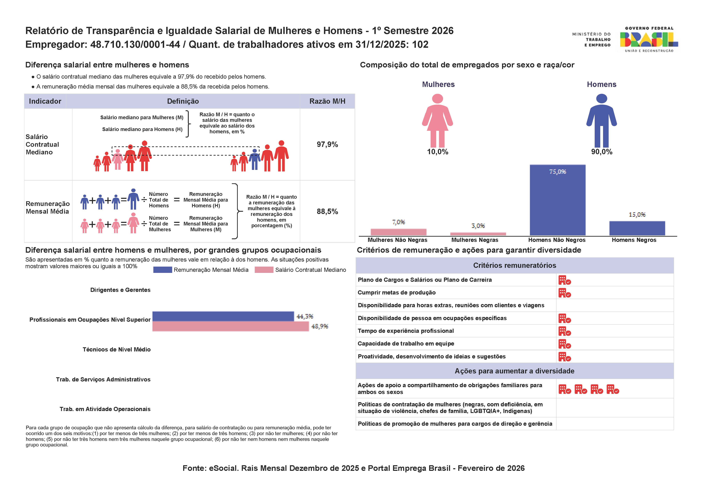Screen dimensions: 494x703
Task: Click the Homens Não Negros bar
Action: [557, 200]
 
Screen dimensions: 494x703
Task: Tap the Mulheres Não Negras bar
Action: [398, 232]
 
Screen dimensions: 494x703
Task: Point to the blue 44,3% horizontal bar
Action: [223, 316]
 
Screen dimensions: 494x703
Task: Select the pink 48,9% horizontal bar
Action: [230, 326]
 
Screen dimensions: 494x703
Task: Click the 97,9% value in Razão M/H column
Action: [327, 144]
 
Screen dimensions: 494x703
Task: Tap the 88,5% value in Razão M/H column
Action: [327, 211]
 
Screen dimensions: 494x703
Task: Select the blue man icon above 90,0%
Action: [601, 121]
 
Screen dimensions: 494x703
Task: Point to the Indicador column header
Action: [45, 101]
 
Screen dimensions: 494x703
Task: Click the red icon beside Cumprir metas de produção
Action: [564, 293]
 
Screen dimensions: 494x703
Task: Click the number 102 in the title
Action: [420, 45]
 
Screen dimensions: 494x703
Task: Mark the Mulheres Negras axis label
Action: [475, 240]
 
